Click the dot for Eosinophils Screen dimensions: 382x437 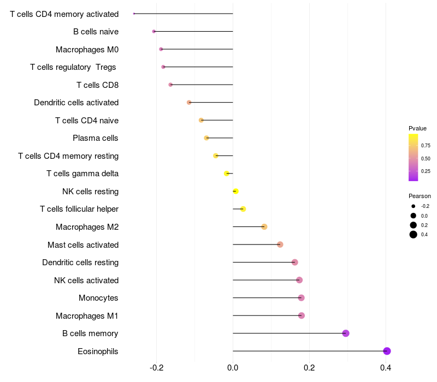pos(387,351)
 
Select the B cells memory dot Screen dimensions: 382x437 pos(346,333)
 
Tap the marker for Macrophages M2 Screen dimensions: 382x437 pos(264,227)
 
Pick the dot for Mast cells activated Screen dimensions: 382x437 pos(280,244)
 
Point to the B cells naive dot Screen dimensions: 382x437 pos(154,32)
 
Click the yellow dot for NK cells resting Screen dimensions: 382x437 pos(235,192)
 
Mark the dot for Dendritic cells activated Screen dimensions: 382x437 pos(189,103)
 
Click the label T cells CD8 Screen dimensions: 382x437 pos(97,85)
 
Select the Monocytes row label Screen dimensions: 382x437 pos(98,298)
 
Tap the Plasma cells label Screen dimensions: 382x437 pos(95,138)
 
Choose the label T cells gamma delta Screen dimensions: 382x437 pos(82,174)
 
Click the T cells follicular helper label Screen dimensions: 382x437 pos(79,209)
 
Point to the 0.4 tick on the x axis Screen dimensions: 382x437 pos(386,368)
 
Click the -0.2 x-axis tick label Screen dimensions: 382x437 pos(156,368)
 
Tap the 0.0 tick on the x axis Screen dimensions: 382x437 pos(233,368)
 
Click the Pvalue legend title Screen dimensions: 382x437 pos(417,128)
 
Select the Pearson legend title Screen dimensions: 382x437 pos(420,196)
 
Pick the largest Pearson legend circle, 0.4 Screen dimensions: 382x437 pos(414,235)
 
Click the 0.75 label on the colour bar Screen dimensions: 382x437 pos(426,146)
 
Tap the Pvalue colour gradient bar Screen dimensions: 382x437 pos(413,157)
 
